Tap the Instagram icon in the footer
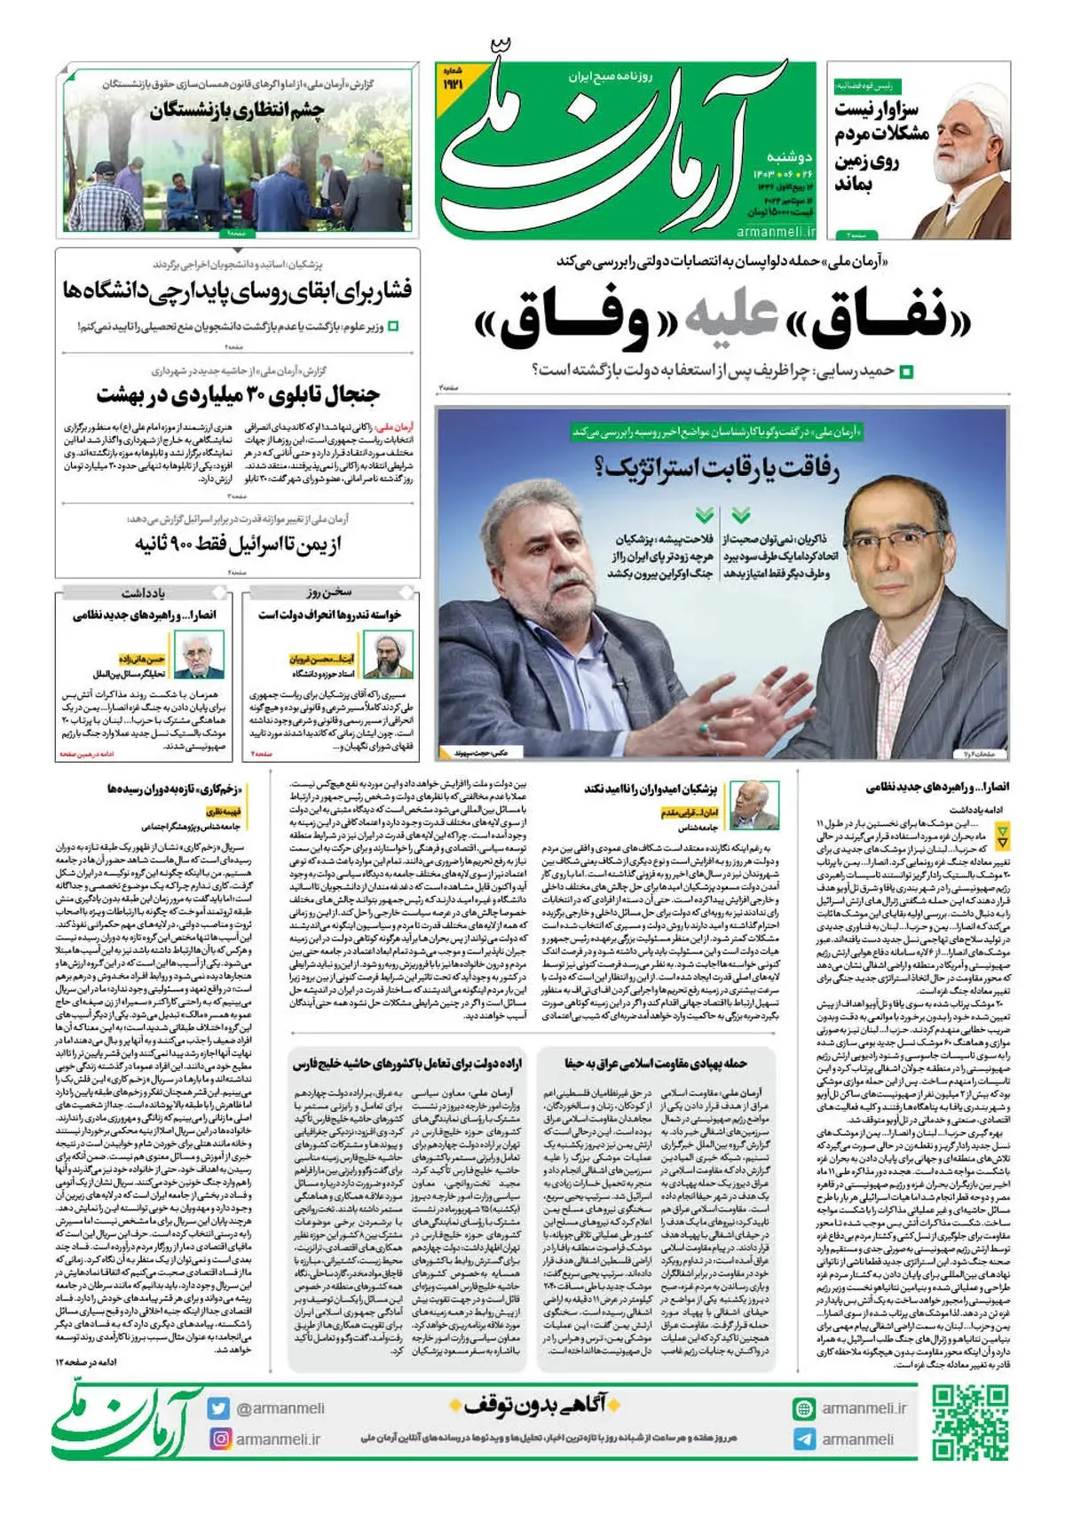[x=219, y=1439]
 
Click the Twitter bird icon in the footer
[x=219, y=1408]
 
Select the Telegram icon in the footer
[x=804, y=1439]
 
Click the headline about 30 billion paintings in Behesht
[x=238, y=394]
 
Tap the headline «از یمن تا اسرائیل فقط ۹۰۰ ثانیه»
[x=238, y=543]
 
